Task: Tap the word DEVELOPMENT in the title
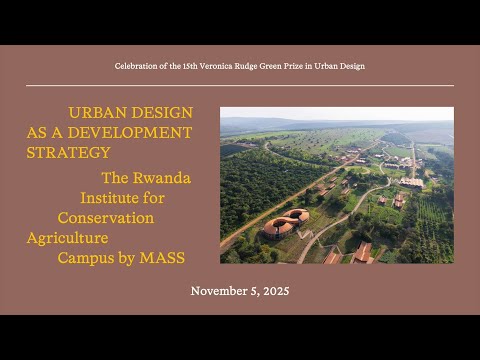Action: coord(130,133)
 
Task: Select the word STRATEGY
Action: coord(68,153)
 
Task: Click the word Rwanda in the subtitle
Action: coord(162,178)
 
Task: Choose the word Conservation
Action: coord(106,218)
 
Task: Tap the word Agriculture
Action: coord(68,238)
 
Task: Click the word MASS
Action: coord(162,258)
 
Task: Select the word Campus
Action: coord(86,259)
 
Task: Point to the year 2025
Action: coord(276,291)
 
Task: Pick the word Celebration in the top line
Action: coord(136,66)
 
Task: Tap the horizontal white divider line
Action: coord(240,86)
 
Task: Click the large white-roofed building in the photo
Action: coord(411,183)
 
